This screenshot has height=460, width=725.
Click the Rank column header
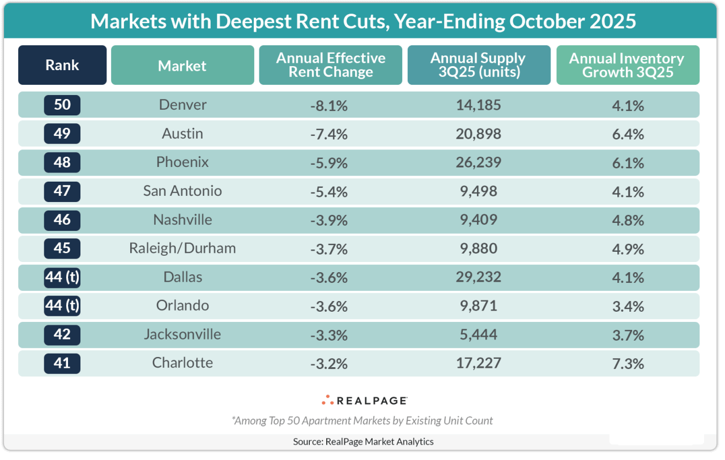tap(62, 65)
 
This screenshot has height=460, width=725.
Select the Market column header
tap(182, 66)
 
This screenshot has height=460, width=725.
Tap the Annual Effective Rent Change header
tap(331, 65)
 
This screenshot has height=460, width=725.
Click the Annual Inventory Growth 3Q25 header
tap(627, 65)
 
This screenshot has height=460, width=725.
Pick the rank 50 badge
tap(62, 105)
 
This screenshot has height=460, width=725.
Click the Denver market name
tap(182, 105)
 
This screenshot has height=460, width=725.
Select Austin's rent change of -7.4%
tap(329, 134)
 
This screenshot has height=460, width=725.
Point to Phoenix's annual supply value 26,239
tap(479, 162)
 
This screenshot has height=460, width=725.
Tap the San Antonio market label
tap(182, 191)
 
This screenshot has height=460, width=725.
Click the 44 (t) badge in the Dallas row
tap(62, 277)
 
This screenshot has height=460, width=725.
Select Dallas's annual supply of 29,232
tap(479, 277)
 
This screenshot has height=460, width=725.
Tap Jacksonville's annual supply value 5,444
tap(479, 335)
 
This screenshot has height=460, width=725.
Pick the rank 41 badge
tap(62, 363)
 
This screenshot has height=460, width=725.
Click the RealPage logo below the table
tap(364, 401)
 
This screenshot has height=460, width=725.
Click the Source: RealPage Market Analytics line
tap(363, 441)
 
